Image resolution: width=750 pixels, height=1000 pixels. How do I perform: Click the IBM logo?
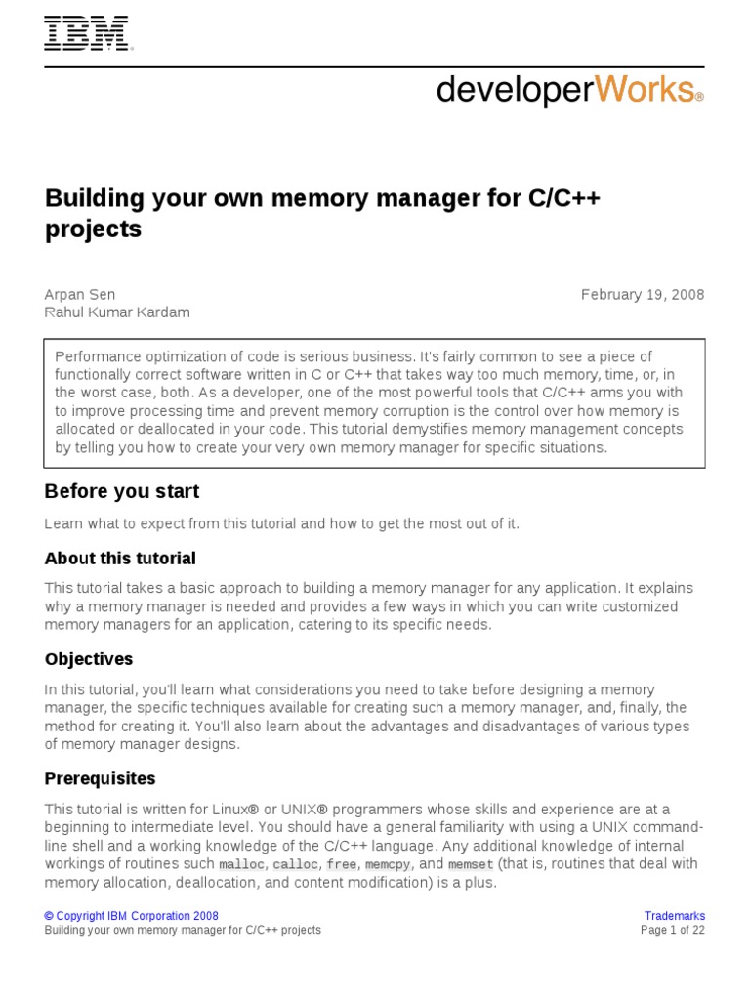88,34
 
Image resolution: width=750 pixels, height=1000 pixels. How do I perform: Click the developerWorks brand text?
569,90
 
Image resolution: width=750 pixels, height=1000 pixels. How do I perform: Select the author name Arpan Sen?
80,295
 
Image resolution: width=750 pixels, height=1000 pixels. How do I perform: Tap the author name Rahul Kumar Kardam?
117,312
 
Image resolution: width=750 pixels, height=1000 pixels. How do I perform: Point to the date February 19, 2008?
643,295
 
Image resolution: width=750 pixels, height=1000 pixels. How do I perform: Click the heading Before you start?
122,491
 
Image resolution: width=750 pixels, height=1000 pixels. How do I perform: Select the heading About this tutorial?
120,559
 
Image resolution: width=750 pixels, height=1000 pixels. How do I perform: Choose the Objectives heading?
89,659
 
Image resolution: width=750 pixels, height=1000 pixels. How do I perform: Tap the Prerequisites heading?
101,779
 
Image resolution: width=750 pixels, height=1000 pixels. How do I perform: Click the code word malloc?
241,865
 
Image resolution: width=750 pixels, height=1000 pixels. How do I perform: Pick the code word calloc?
295,865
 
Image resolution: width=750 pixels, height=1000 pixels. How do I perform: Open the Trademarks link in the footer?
674,916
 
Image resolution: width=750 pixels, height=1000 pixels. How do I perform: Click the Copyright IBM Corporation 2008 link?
132,916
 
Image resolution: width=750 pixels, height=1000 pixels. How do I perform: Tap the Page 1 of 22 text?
672,931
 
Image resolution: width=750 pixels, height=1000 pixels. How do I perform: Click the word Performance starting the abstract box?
96,356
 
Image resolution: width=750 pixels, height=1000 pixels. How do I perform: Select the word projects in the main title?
93,229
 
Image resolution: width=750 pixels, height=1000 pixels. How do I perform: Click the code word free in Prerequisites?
342,865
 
